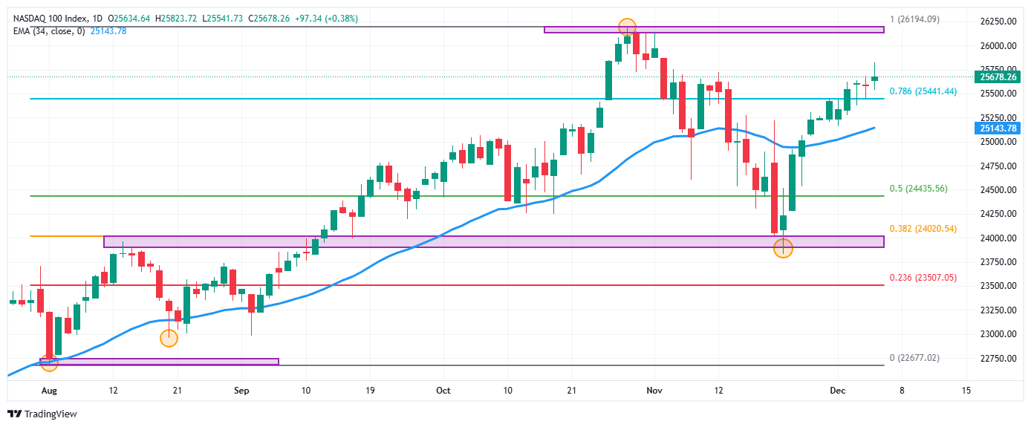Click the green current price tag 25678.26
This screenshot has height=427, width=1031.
pos(998,76)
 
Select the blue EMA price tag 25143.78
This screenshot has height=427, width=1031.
pos(998,128)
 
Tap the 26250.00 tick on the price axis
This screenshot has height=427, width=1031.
pos(996,22)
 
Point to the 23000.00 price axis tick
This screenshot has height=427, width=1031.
pos(996,334)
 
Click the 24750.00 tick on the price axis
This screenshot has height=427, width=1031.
pos(996,166)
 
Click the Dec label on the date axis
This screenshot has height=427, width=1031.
pos(836,389)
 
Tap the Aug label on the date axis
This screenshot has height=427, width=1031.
pos(49,389)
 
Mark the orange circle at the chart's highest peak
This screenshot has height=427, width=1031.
pos(628,27)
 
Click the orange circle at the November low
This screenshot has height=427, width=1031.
pos(784,247)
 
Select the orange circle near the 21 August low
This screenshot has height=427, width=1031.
pos(169,338)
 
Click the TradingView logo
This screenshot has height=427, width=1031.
pos(42,414)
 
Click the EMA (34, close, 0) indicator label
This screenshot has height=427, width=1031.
pos(48,30)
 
